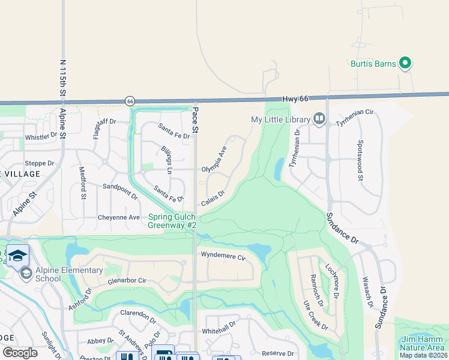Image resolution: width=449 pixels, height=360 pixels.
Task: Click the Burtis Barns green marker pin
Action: pos(405,62)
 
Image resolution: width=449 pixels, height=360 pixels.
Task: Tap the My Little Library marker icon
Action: pos(319,119)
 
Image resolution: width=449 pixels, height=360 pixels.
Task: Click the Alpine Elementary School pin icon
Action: pos(26,274)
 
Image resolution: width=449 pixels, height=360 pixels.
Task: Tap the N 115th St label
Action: pos(63,78)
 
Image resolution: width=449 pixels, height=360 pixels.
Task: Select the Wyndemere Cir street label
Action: pos(223,257)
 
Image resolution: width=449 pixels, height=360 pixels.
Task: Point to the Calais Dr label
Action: pos(212,197)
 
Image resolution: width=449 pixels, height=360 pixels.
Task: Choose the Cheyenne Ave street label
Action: pos(119,217)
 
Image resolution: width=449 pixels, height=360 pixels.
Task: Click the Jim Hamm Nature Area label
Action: pos(423,343)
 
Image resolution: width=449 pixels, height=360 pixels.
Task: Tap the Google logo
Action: pos(20,353)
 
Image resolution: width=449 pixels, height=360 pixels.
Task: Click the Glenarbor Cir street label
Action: pos(127,280)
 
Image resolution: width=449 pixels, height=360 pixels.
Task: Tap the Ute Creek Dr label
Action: pos(316,315)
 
